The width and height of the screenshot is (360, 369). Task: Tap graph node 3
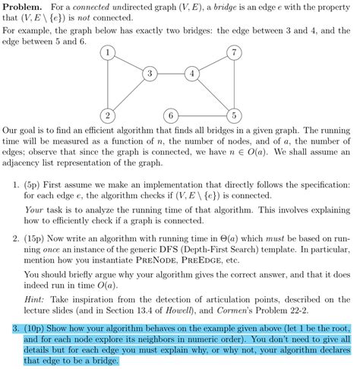pos(150,74)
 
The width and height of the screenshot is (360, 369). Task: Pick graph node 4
pos(193,74)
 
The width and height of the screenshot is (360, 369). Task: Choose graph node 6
pos(172,115)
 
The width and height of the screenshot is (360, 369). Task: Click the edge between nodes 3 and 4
pos(172,74)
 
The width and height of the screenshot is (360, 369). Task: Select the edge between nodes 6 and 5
pos(204,115)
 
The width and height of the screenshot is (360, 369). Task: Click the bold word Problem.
pos(24,6)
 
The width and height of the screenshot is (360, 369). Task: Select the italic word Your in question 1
pos(33,209)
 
